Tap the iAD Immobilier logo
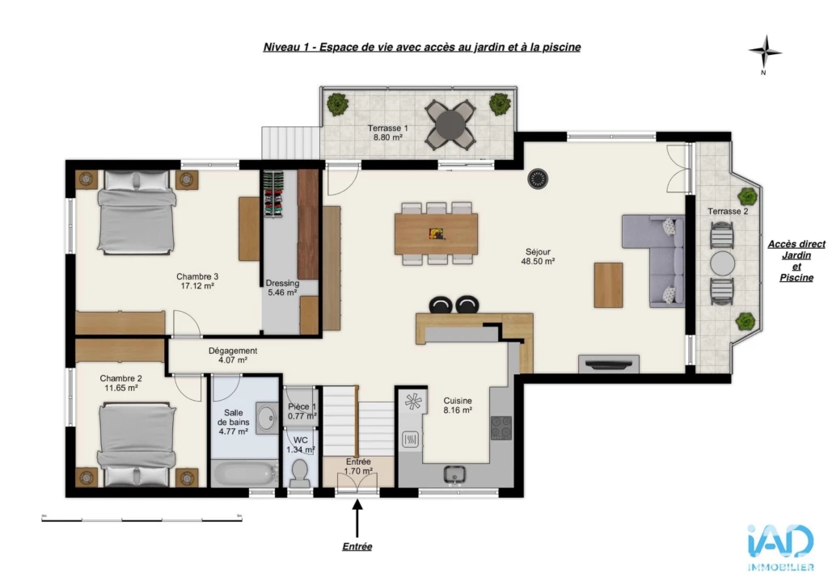coord(780,547)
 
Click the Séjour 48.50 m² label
coord(538,256)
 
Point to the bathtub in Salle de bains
coord(244,473)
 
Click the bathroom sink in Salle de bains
coord(267,419)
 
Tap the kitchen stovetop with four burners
coord(501,427)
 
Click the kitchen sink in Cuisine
coord(454,474)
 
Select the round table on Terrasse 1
coord(450,124)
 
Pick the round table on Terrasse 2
coord(722,263)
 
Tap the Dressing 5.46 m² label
coord(282,288)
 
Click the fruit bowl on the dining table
coord(436,234)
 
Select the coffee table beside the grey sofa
coord(608,285)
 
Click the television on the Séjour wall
coord(609,364)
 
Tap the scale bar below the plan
coord(142,519)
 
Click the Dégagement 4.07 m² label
coord(233,355)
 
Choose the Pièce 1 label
coord(302,406)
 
